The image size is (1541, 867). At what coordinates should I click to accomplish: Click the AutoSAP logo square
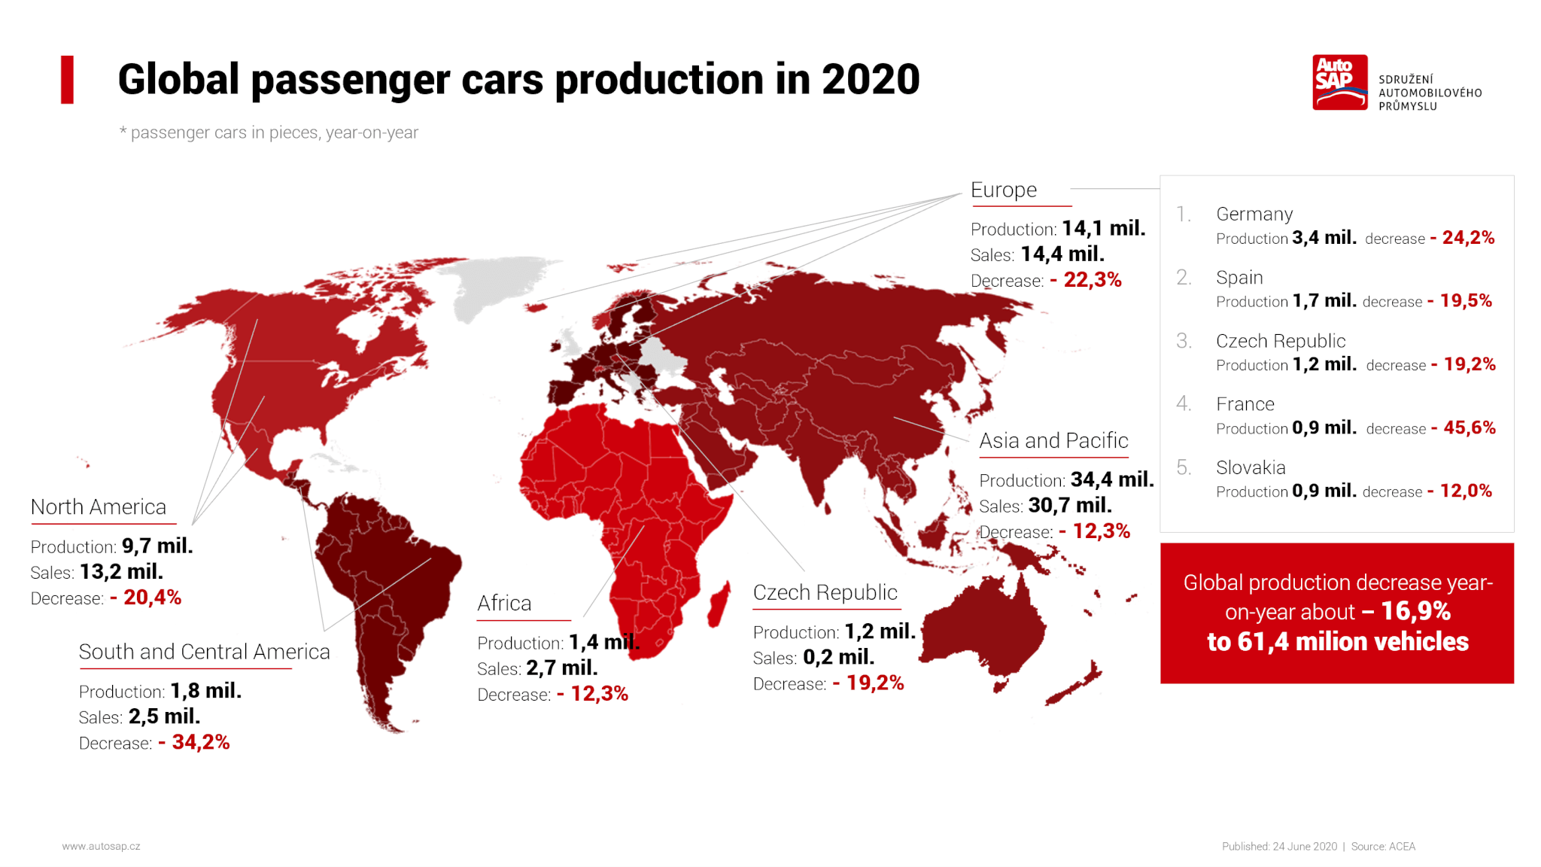1339,82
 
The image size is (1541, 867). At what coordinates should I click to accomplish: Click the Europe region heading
1003,190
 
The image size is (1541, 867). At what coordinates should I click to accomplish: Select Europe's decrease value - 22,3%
1085,280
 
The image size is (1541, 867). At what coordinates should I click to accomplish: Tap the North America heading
99,507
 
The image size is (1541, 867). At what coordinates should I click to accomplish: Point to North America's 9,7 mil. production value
157,546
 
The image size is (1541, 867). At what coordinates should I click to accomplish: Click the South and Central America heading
204,652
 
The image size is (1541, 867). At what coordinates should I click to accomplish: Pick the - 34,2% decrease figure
193,742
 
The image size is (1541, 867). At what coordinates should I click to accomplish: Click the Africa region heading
504,604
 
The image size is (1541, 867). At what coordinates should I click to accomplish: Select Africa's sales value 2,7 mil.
561,668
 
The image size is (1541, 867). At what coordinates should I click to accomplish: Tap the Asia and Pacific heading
1053,441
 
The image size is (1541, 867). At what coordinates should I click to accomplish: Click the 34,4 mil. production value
1111,479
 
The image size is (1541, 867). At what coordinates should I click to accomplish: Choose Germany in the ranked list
1254,214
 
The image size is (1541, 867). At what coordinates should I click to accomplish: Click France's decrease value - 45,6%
1463,428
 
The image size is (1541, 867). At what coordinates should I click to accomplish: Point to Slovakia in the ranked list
1251,468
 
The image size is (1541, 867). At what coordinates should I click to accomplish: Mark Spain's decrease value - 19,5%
1460,301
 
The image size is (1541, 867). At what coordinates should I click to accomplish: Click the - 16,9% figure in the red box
1406,611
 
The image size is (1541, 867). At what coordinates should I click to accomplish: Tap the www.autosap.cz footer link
101,847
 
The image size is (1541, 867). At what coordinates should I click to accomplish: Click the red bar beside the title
67,80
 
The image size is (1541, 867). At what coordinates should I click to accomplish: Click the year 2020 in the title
871,80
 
